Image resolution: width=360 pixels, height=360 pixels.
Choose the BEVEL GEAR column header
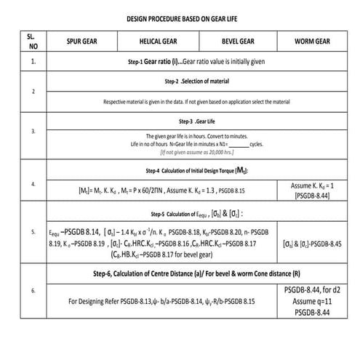click(236, 41)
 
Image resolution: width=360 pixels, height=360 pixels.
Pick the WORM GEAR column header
click(314, 41)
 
